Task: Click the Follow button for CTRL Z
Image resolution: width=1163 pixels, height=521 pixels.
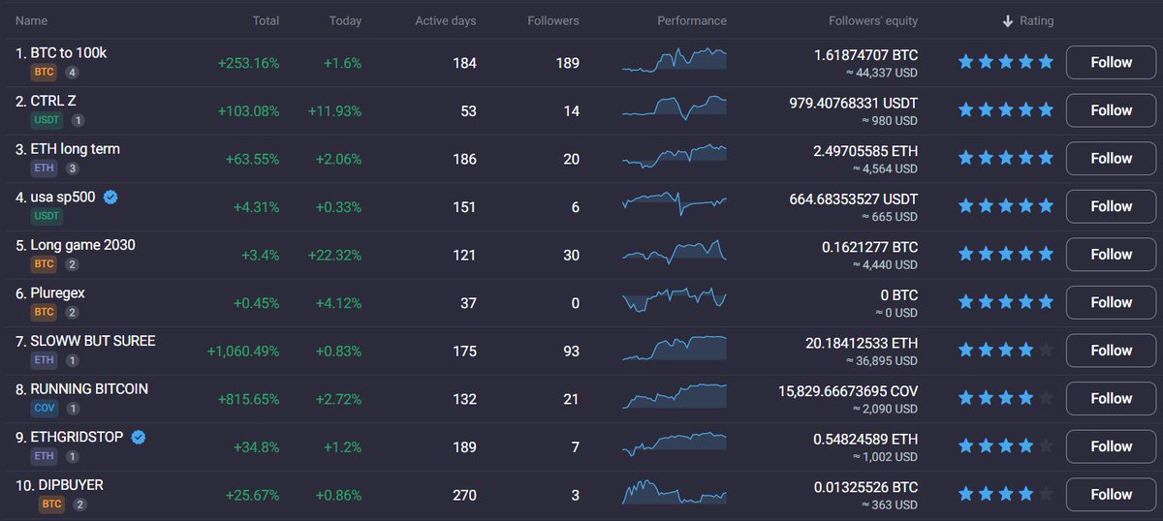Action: click(x=1111, y=110)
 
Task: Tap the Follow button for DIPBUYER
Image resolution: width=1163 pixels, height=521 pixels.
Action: click(x=1111, y=495)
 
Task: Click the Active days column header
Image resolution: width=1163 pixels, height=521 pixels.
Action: click(x=446, y=20)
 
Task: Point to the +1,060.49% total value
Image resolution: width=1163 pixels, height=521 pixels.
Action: click(x=243, y=351)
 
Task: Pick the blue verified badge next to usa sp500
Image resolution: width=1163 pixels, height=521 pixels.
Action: click(x=110, y=197)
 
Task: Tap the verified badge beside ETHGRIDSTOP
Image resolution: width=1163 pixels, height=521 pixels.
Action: click(x=139, y=437)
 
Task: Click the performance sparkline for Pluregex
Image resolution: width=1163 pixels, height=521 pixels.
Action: click(x=675, y=300)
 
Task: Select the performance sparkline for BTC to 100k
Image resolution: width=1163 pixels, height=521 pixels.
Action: click(x=675, y=60)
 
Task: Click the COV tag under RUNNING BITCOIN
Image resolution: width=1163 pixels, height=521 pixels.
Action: click(x=45, y=409)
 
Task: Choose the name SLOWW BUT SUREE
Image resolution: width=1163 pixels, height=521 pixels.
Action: click(x=93, y=341)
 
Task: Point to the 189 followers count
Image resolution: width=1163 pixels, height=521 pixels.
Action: click(x=568, y=63)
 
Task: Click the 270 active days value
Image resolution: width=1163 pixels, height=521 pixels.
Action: click(x=464, y=495)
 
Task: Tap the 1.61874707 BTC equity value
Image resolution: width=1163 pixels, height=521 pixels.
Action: click(x=865, y=55)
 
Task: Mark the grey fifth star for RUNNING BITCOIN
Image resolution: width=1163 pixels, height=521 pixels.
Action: click(x=1046, y=398)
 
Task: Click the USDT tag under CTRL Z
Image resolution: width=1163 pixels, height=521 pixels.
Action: click(x=47, y=120)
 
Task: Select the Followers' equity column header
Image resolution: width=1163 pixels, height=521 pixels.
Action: click(x=873, y=20)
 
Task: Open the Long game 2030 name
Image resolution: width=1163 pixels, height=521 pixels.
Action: click(x=82, y=245)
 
